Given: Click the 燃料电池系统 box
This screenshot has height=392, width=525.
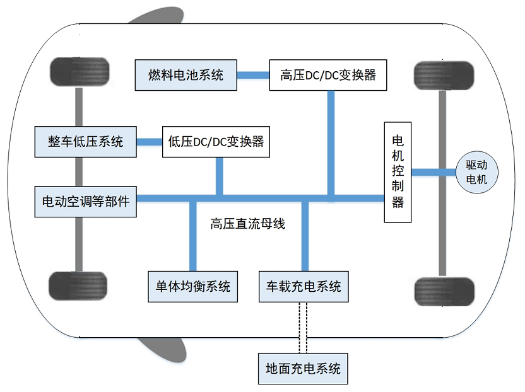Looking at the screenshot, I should pos(186,76).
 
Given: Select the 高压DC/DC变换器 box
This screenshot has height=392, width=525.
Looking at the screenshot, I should pos(327,76).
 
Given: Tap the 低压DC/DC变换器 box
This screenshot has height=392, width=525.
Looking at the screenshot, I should pos(216,141).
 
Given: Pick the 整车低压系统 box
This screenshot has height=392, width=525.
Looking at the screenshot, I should pos(85,141).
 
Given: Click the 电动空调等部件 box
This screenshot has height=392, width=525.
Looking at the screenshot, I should pos(85,202).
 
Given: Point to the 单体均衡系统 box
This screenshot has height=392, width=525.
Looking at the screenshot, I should pos(193,287).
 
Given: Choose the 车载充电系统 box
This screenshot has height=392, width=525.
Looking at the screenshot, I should pos(300,287).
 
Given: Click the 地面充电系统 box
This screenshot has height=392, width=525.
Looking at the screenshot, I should pos(303,368).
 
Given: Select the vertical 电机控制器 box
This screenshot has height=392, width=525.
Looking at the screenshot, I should pos(398,171).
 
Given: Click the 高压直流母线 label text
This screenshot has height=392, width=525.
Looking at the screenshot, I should pos(248,224).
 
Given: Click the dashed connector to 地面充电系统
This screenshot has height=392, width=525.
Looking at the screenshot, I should pos(302,327).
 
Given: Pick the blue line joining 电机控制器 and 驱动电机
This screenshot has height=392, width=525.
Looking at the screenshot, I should pos(434,171).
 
